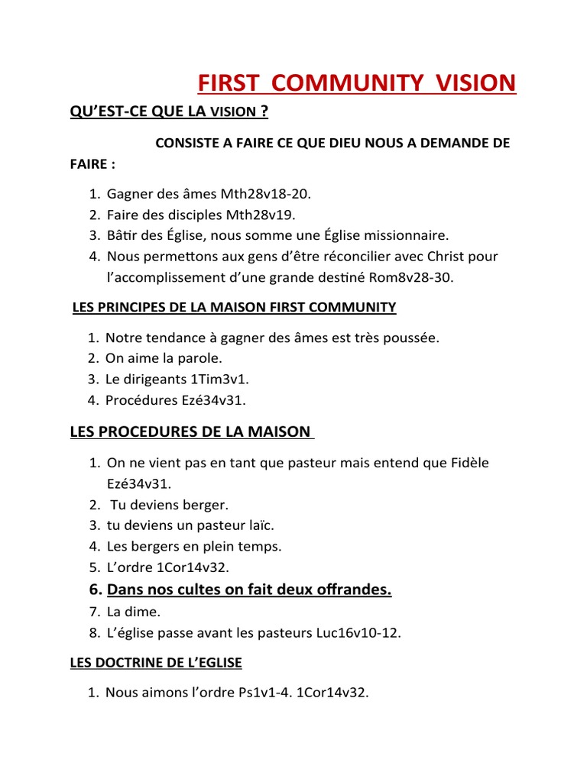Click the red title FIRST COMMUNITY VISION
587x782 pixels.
pos(357,82)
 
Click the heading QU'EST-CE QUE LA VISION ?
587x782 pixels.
pos(169,111)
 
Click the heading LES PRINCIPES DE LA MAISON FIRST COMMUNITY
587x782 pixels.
pos(233,308)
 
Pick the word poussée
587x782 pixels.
pos(413,338)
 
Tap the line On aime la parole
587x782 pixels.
pos(164,358)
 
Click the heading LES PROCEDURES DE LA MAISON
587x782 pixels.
pos(190,432)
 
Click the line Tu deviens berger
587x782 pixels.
pos(169,505)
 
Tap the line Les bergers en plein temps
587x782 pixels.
pos(194,546)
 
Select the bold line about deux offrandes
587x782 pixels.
pos(249,590)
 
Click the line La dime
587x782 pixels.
pos(134,612)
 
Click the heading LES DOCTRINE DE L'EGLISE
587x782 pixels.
pos(156,663)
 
